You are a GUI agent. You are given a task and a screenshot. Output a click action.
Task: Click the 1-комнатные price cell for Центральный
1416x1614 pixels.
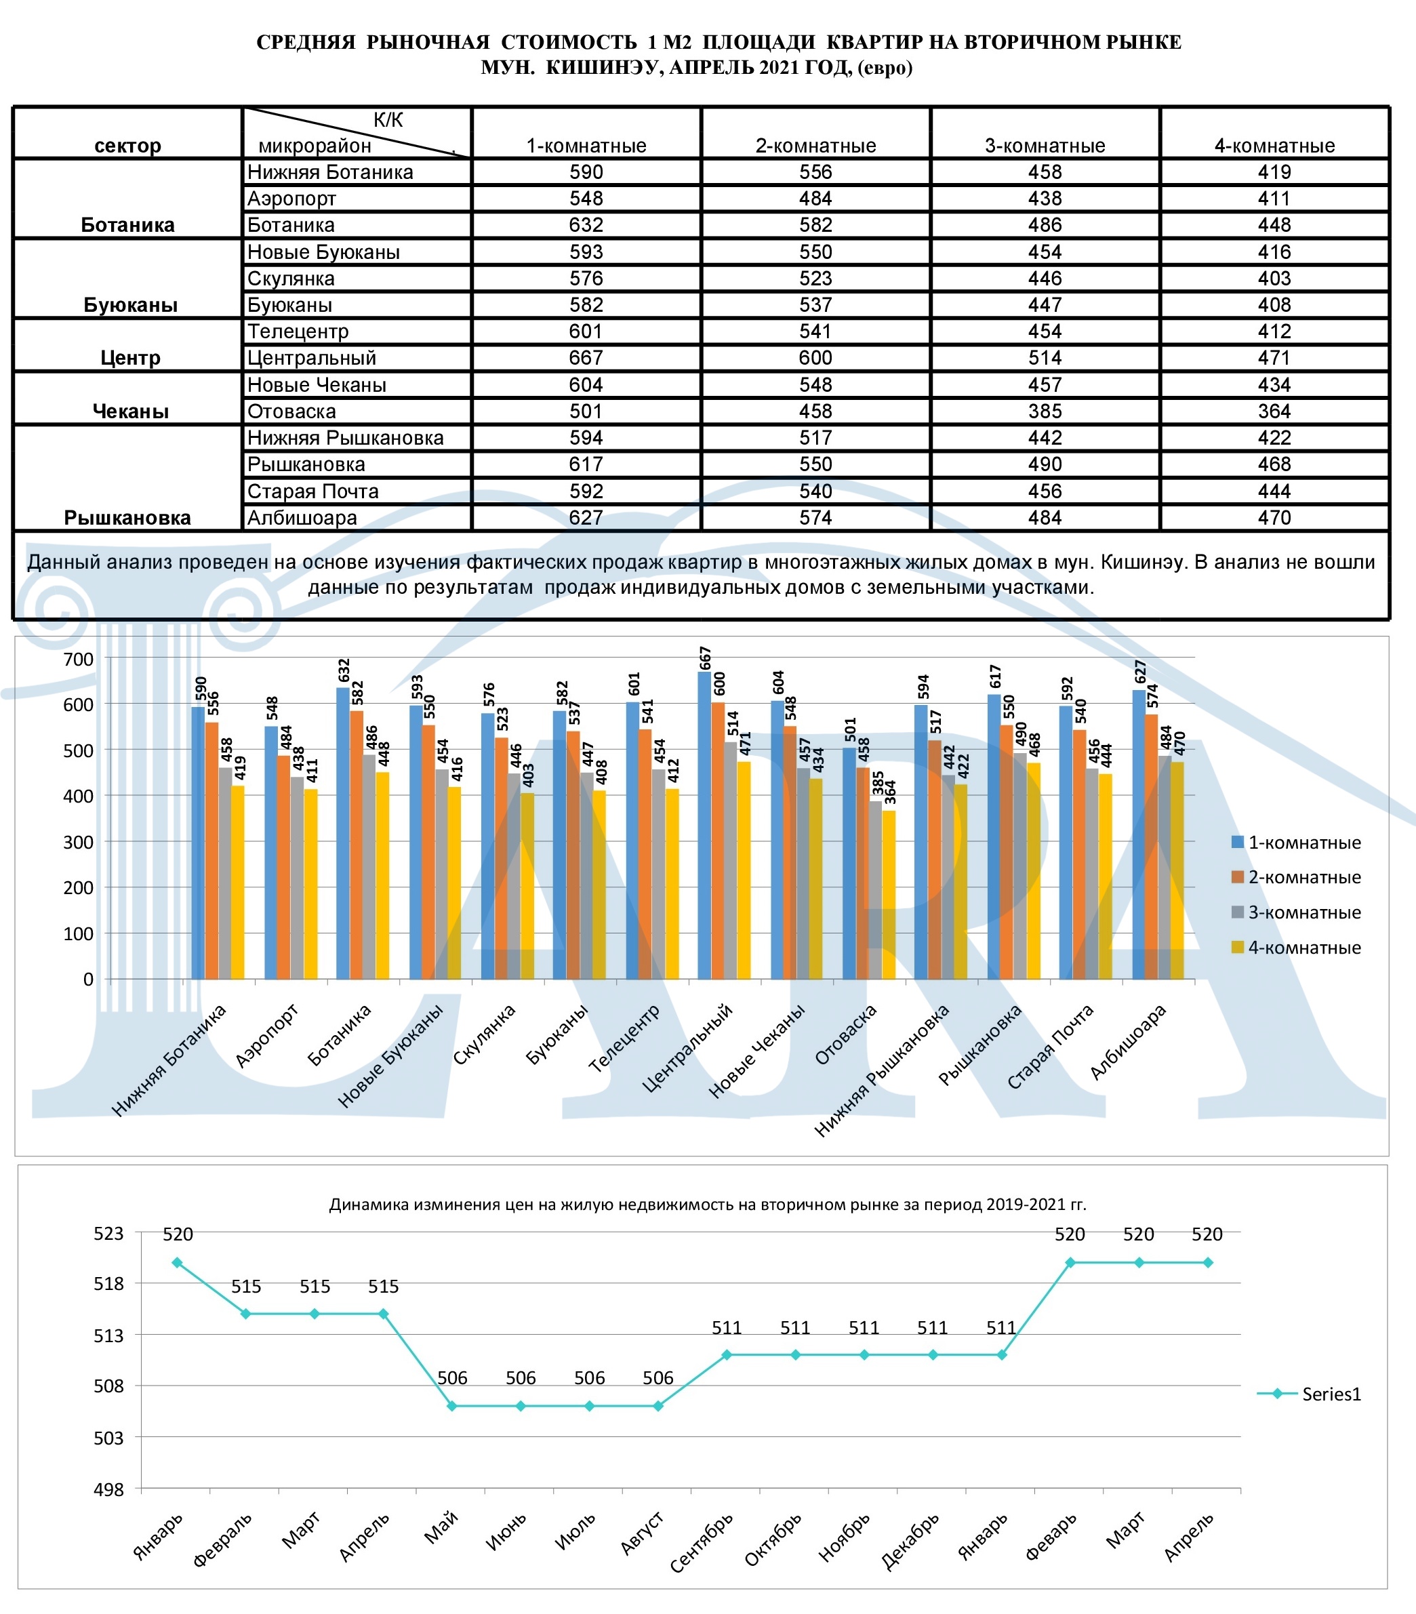[585, 358]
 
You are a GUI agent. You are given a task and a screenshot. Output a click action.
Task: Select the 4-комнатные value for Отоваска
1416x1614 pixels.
[1274, 411]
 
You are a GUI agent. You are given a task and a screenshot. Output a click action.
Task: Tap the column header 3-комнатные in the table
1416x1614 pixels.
[1044, 145]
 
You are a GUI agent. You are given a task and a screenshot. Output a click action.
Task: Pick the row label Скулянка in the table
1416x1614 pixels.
[291, 279]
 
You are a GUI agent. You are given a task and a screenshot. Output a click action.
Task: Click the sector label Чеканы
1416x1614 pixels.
[130, 411]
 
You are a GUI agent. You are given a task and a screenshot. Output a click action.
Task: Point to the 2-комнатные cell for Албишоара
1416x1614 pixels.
[815, 518]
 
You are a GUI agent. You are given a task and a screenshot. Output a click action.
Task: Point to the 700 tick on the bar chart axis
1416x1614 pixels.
[78, 660]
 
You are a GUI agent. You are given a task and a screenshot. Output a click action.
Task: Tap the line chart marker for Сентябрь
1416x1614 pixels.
[727, 1355]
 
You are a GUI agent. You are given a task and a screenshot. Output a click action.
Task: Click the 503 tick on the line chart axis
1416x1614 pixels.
[109, 1438]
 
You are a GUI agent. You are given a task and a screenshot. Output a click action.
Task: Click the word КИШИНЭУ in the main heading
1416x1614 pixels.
[604, 67]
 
